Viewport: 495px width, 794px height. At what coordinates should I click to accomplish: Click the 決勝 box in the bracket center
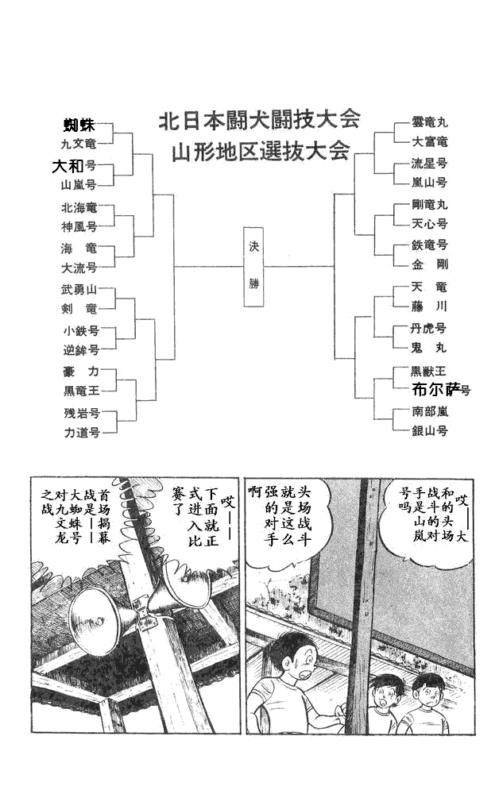click(x=254, y=267)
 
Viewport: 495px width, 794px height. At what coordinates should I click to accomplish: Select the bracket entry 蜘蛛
click(x=79, y=125)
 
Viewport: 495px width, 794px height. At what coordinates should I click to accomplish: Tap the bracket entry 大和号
click(x=74, y=167)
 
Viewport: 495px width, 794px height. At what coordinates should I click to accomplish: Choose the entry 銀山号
click(x=429, y=430)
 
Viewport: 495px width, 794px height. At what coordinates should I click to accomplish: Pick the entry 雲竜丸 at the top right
click(x=430, y=123)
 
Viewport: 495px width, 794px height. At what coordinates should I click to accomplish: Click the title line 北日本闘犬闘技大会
click(x=260, y=120)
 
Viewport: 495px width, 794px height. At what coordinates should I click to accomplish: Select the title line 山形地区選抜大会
click(x=260, y=152)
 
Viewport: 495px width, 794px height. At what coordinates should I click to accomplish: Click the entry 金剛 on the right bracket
click(x=430, y=264)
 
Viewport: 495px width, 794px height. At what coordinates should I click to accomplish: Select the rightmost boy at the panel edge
click(x=428, y=694)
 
